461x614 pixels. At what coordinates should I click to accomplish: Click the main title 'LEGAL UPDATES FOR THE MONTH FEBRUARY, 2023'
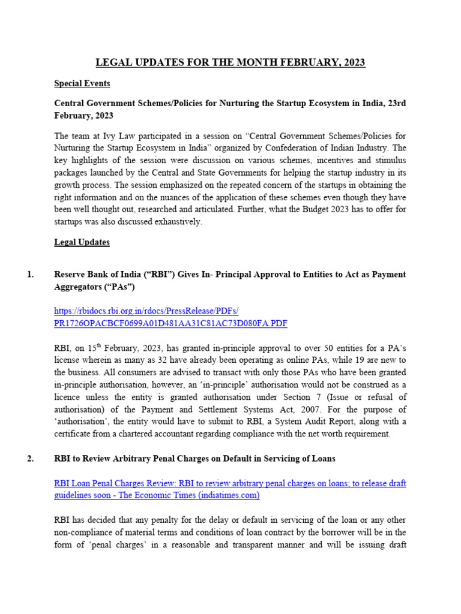coord(230,62)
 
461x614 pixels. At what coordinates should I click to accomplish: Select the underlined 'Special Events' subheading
coord(82,83)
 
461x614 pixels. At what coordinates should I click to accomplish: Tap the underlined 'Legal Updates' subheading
coord(82,242)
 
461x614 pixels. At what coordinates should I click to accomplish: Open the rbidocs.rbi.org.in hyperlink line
coord(146,311)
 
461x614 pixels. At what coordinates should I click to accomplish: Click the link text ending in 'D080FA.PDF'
coord(170,324)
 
